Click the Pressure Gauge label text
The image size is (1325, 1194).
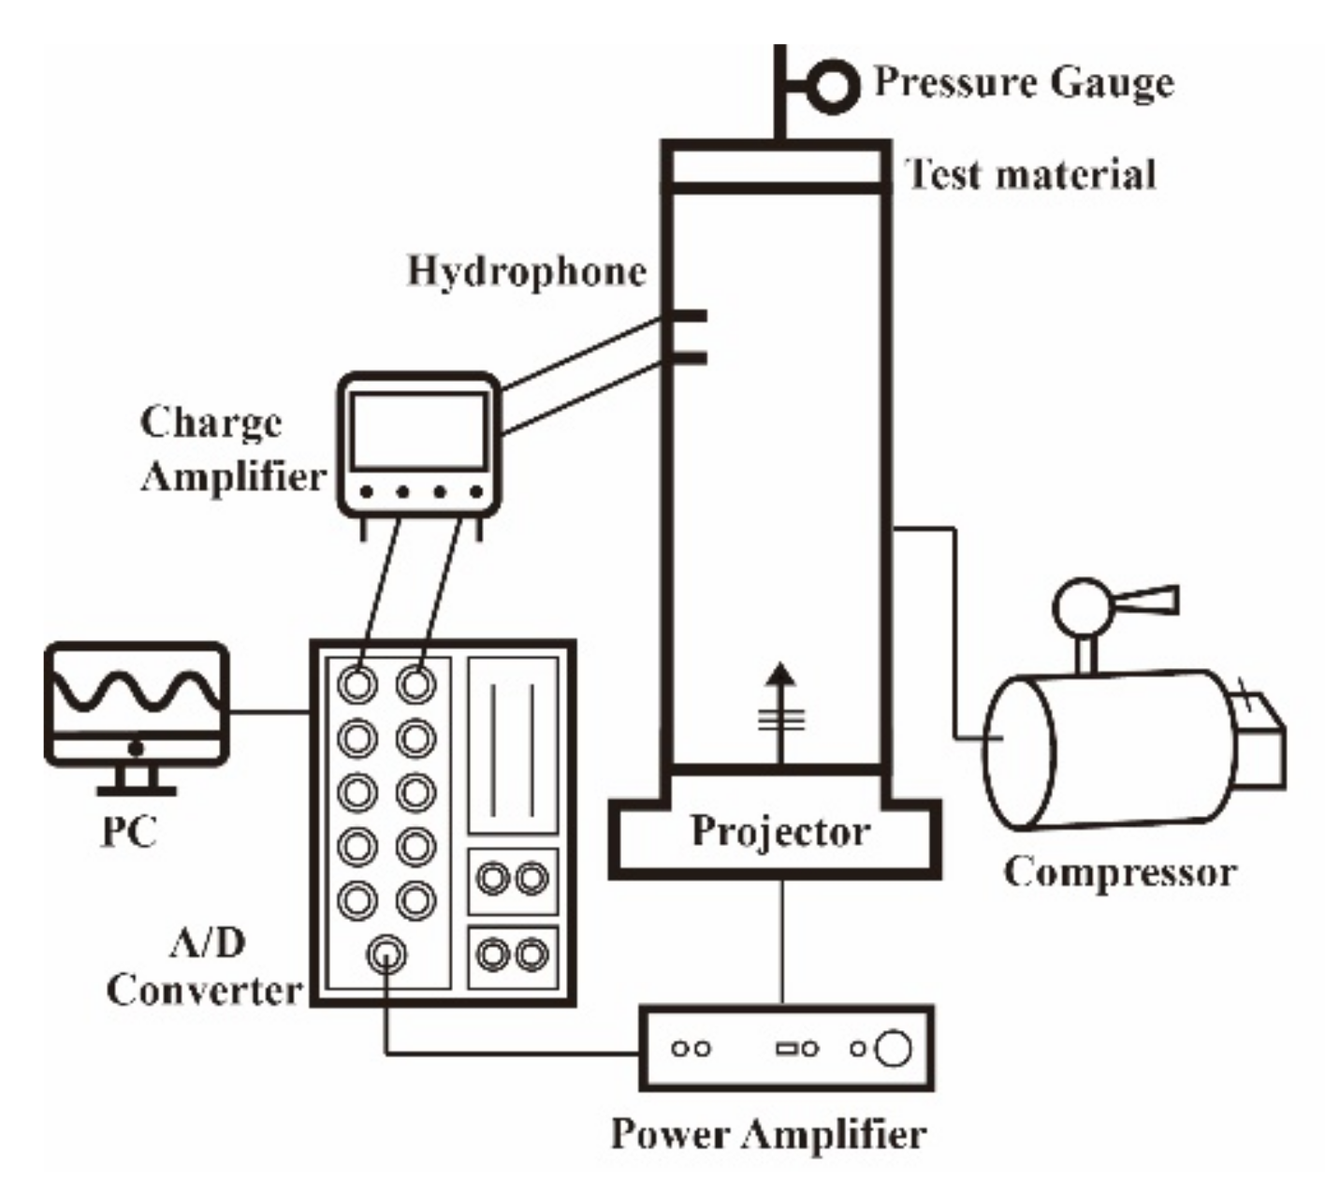click(x=1023, y=82)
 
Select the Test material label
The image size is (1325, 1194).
click(x=1030, y=174)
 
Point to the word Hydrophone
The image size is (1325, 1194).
click(x=527, y=271)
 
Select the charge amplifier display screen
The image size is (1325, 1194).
click(x=418, y=430)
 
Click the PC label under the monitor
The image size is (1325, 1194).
click(x=129, y=831)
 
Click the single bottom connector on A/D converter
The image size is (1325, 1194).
click(x=386, y=955)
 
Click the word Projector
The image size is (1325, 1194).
click(x=779, y=830)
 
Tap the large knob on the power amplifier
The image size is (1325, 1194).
click(x=892, y=1048)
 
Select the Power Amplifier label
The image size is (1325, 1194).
click(x=768, y=1134)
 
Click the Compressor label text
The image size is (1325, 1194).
click(x=1120, y=872)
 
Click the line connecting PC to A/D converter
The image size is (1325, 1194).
click(x=269, y=713)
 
